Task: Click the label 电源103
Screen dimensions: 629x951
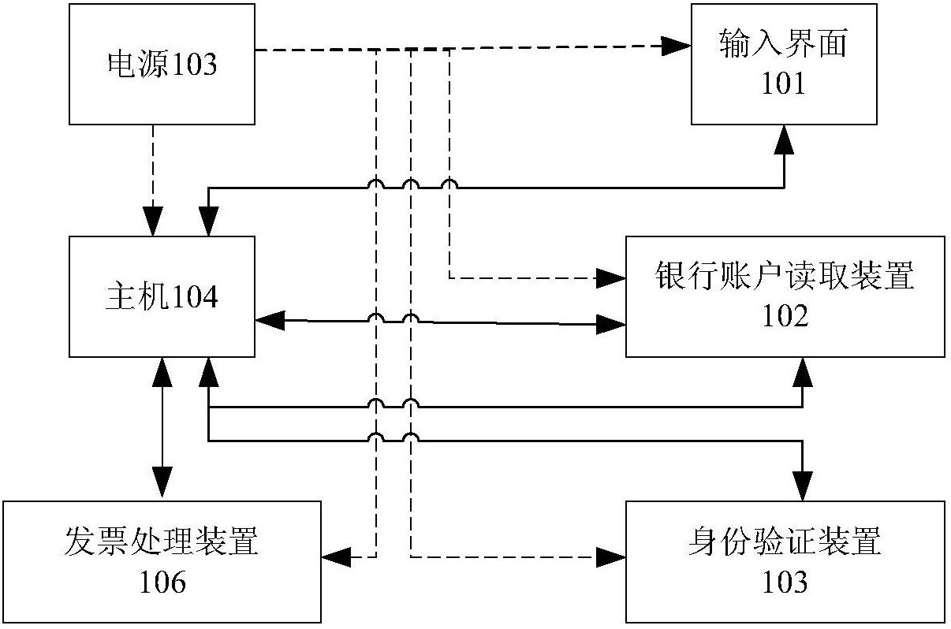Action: coord(162,65)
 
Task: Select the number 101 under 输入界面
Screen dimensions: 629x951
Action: coord(784,83)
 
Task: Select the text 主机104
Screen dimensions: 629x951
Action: coord(162,297)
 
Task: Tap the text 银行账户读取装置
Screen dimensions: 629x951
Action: coord(785,277)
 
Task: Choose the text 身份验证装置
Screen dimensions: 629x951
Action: coord(785,544)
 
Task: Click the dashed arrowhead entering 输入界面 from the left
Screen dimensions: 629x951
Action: coord(677,47)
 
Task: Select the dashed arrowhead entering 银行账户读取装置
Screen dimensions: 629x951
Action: coord(611,277)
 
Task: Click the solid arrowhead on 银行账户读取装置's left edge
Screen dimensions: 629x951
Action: coord(611,322)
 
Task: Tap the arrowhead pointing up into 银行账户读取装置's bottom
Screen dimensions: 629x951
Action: coord(803,371)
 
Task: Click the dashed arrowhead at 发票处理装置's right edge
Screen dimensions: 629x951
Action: coord(336,557)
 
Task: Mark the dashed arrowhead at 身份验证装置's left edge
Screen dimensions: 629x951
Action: coord(611,557)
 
